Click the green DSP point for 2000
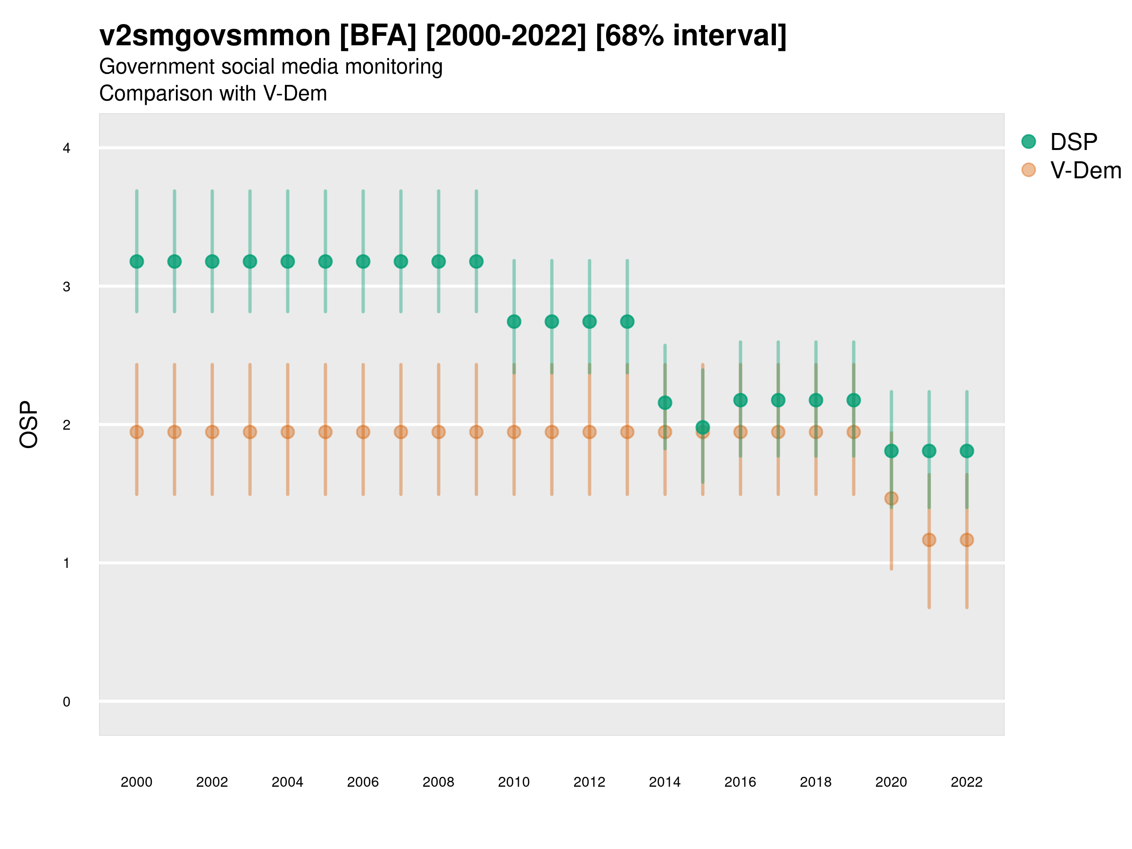pos(137,261)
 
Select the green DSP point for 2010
pos(514,321)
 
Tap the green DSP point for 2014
pos(665,403)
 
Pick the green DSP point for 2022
pos(967,451)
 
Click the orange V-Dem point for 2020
pos(891,499)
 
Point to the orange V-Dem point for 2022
pos(967,540)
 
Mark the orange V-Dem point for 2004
pos(288,432)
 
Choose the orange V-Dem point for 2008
pos(439,432)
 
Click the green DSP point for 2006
pos(363,261)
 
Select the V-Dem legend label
pos(1085,170)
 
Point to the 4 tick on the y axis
pos(67,149)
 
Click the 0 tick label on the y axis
pos(67,702)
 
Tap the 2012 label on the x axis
pos(589,782)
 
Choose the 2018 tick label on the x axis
pos(816,782)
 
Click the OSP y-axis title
pos(29,424)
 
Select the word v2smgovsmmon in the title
pos(215,36)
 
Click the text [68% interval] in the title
pos(691,36)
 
